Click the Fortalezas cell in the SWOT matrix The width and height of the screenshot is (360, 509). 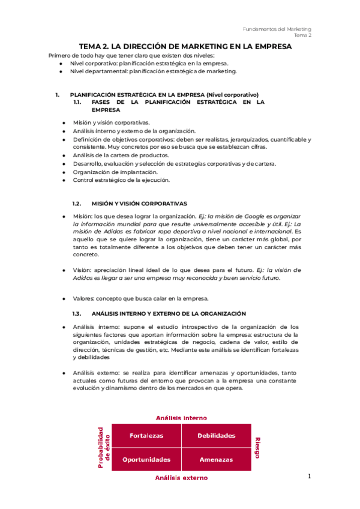[146, 436]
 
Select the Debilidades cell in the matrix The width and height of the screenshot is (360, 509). [216, 436]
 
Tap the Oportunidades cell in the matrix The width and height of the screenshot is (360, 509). [146, 459]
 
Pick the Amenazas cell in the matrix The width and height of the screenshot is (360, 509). [216, 459]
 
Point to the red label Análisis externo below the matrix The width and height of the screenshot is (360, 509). [181, 478]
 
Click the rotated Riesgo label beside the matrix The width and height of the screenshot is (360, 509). [256, 447]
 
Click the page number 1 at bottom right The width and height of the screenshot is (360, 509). [309, 476]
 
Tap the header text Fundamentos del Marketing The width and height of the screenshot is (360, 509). [277, 29]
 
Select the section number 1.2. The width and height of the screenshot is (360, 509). [76, 203]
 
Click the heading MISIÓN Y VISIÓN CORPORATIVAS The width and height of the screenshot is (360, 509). [139, 203]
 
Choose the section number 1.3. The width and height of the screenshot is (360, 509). [76, 313]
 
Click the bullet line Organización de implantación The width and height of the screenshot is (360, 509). [107, 172]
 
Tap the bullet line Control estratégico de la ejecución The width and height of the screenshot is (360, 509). [121, 180]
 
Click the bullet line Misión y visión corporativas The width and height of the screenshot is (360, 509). [111, 122]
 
